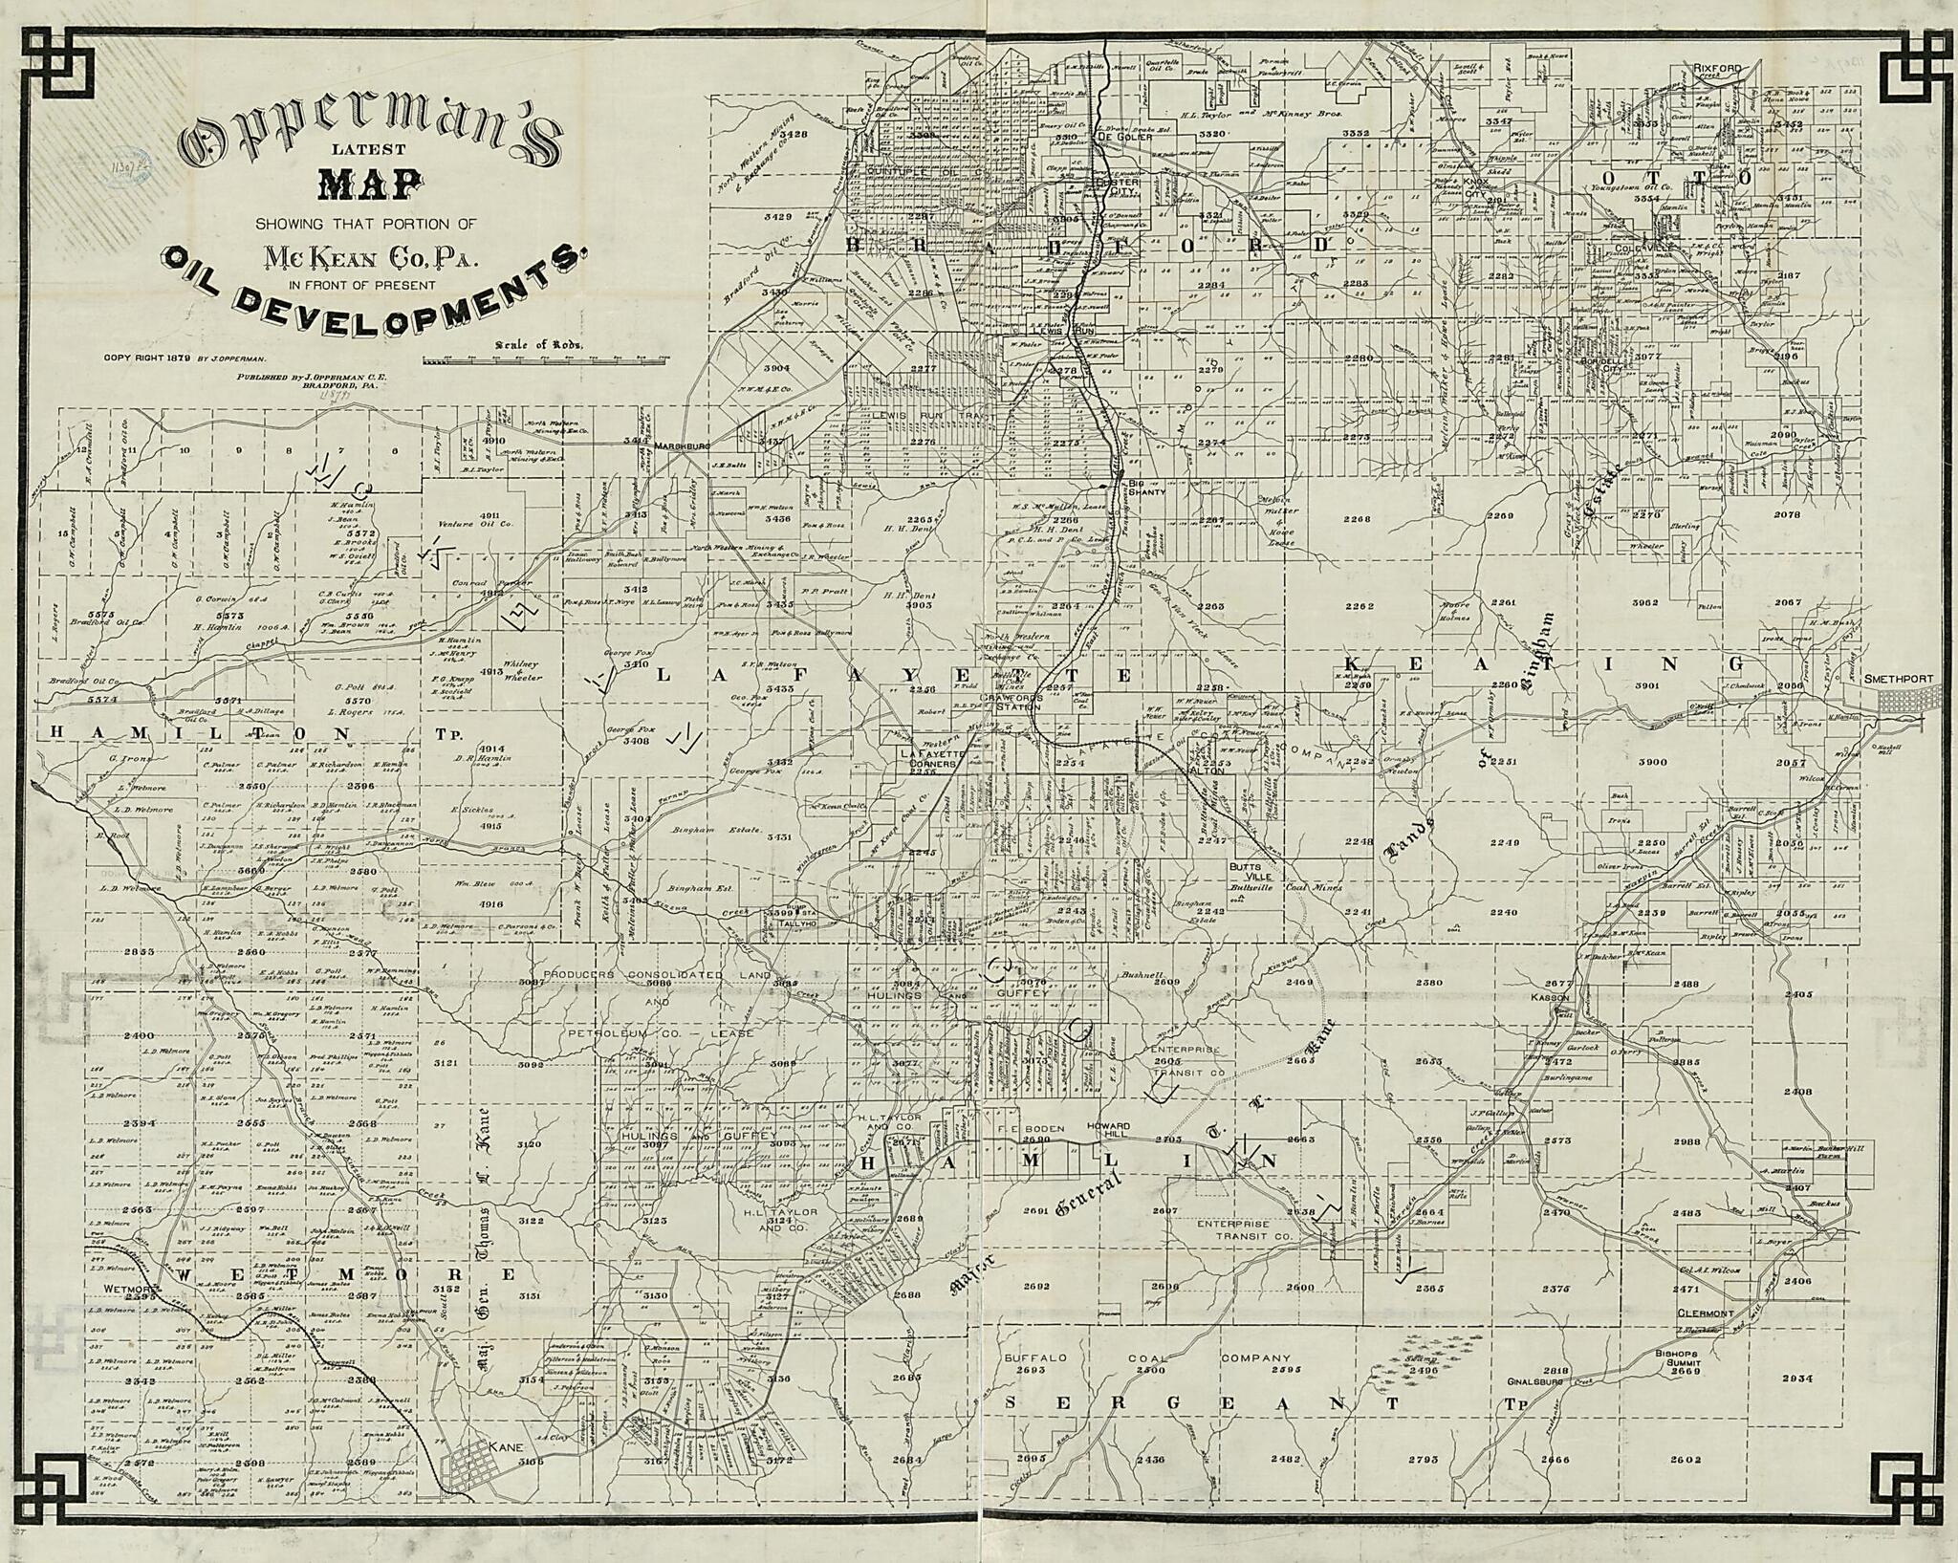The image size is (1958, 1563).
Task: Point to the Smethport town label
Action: tap(1898, 679)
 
